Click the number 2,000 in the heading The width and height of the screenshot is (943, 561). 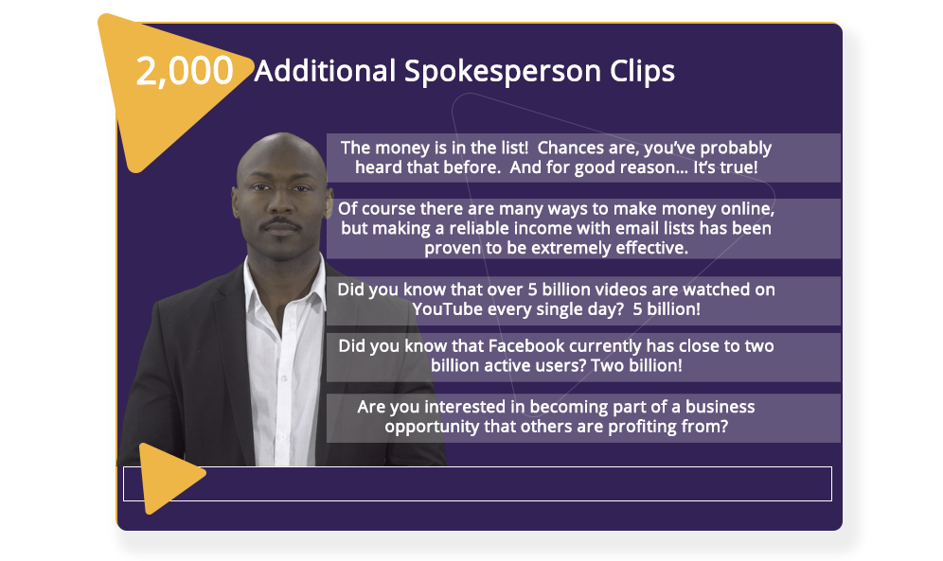[x=185, y=71]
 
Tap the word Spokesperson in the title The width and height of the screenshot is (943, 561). [x=503, y=72]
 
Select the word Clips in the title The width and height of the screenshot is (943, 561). [x=642, y=72]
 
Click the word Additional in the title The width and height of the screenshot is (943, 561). [x=325, y=71]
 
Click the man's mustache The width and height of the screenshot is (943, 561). [x=280, y=224]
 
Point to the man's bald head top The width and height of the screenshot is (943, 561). [x=280, y=143]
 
